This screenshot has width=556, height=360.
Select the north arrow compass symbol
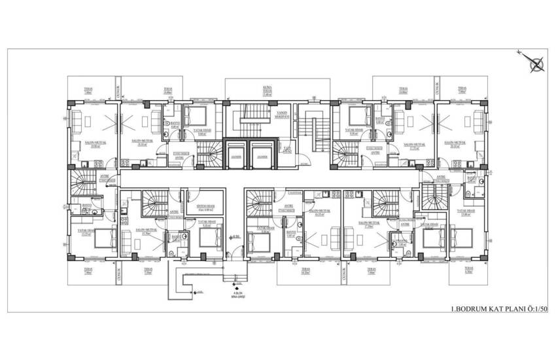[536, 63]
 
